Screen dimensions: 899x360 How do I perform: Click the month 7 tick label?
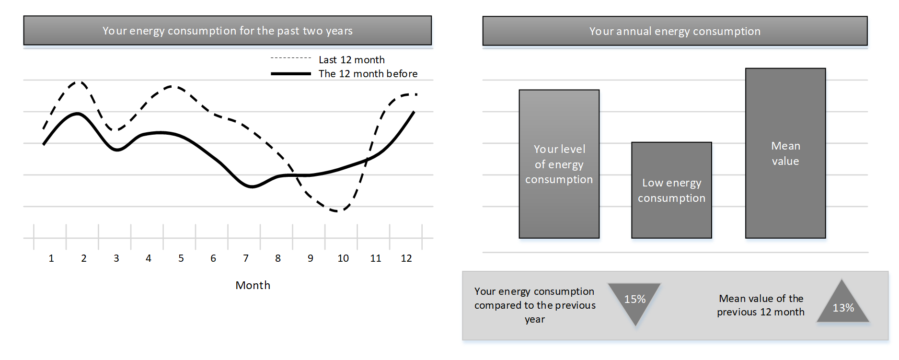pos(246,258)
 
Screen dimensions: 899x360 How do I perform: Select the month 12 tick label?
pos(406,258)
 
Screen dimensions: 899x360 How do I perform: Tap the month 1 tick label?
pos(51,258)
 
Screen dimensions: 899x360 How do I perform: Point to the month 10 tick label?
pos(343,258)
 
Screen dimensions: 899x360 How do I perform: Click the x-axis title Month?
pos(253,285)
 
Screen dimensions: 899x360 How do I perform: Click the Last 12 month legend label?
pos(352,60)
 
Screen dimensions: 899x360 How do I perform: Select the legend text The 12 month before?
pos(368,74)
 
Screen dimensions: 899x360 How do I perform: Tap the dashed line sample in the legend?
pos(291,58)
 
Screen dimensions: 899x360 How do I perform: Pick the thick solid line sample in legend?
pos(291,74)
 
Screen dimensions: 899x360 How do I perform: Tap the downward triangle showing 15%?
pos(635,302)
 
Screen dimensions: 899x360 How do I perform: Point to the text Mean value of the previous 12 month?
pos(761,305)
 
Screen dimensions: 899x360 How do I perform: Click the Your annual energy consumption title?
pos(675,31)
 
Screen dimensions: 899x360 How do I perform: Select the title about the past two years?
pos(228,31)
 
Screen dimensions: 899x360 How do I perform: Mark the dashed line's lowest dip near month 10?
pos(337,211)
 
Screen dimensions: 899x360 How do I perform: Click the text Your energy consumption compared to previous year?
pos(535,305)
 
